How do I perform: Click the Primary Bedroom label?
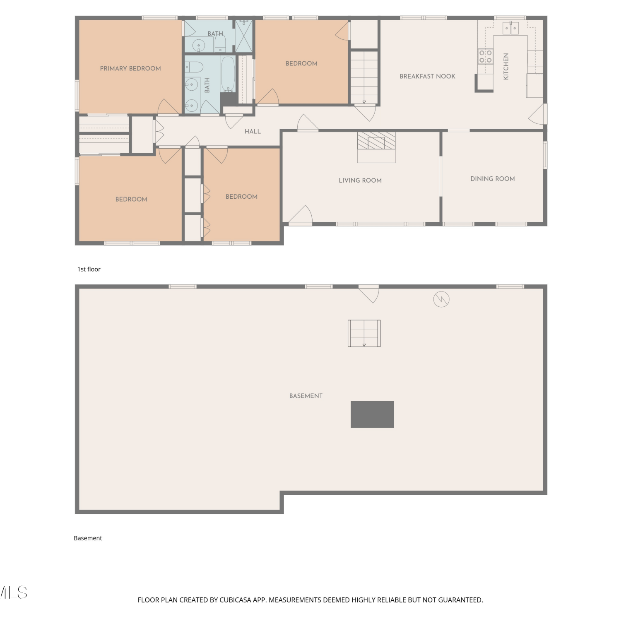tap(130, 69)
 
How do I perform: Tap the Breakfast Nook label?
tap(427, 76)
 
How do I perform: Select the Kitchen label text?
tap(505, 66)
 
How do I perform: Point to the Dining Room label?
tap(493, 179)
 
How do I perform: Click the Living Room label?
tap(360, 181)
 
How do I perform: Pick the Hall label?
tap(253, 132)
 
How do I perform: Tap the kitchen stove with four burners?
tap(486, 56)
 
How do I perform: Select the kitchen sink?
tap(510, 28)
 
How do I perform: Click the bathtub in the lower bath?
tap(228, 74)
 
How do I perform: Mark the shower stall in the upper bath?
tap(244, 36)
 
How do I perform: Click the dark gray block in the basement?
tap(372, 414)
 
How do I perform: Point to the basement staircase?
tap(364, 333)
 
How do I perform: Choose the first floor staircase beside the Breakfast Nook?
tap(364, 77)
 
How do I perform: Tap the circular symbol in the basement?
tap(441, 299)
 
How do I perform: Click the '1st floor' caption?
tap(89, 269)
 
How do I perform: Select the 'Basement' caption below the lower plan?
tap(88, 538)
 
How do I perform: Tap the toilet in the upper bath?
tap(220, 43)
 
